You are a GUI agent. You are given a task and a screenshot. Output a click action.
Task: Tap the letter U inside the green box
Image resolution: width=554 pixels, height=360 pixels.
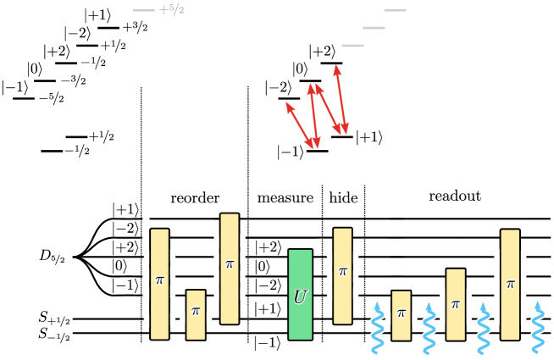pos(300,298)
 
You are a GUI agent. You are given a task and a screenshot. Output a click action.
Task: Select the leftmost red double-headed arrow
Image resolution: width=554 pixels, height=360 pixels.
pos(300,125)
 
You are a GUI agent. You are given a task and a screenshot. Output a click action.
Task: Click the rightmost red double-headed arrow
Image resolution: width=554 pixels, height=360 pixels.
pos(341,99)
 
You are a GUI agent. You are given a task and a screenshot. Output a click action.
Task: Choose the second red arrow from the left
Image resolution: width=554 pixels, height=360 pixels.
pos(313,116)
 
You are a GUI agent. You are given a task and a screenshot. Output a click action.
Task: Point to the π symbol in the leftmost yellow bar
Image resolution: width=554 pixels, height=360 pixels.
pos(159,280)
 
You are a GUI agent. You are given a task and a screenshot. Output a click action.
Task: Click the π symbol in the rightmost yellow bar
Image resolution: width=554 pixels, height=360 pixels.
pos(510,285)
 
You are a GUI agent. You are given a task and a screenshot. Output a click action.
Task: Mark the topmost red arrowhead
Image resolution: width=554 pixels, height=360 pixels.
pos(337,68)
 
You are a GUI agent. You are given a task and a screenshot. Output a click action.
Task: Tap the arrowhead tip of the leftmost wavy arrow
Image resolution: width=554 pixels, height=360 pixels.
pos(378,300)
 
